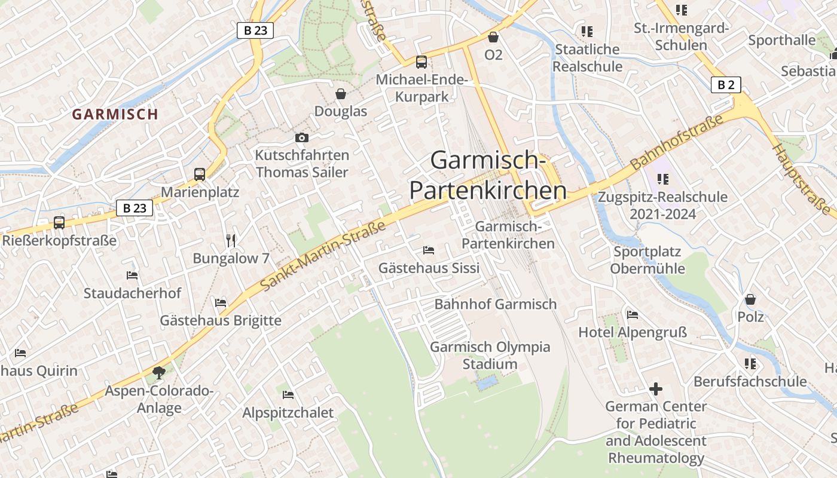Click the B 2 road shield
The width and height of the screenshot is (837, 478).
(726, 85)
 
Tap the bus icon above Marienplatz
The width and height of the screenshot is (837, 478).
(200, 174)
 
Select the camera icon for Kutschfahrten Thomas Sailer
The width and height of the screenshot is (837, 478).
(302, 138)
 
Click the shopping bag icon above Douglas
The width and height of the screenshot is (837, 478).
(341, 94)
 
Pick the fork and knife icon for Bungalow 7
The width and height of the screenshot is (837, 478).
(231, 240)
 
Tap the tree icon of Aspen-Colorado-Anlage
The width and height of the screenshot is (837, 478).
(159, 373)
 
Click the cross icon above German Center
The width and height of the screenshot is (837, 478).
(656, 389)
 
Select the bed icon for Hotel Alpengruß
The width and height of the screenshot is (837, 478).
(633, 315)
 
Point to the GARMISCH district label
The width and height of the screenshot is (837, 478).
(115, 114)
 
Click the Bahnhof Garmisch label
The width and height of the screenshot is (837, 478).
(495, 304)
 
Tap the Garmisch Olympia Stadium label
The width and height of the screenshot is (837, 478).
(490, 356)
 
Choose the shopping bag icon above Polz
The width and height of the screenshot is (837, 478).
(750, 299)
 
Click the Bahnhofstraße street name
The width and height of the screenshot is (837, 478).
(676, 142)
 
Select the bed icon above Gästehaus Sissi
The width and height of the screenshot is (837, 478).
(429, 250)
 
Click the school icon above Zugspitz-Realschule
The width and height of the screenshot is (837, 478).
(662, 179)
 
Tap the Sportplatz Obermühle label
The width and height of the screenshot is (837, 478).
(647, 260)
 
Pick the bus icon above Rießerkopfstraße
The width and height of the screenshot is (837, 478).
(59, 223)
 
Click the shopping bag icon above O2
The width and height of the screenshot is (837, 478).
(493, 37)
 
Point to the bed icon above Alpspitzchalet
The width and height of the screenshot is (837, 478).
(288, 395)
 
